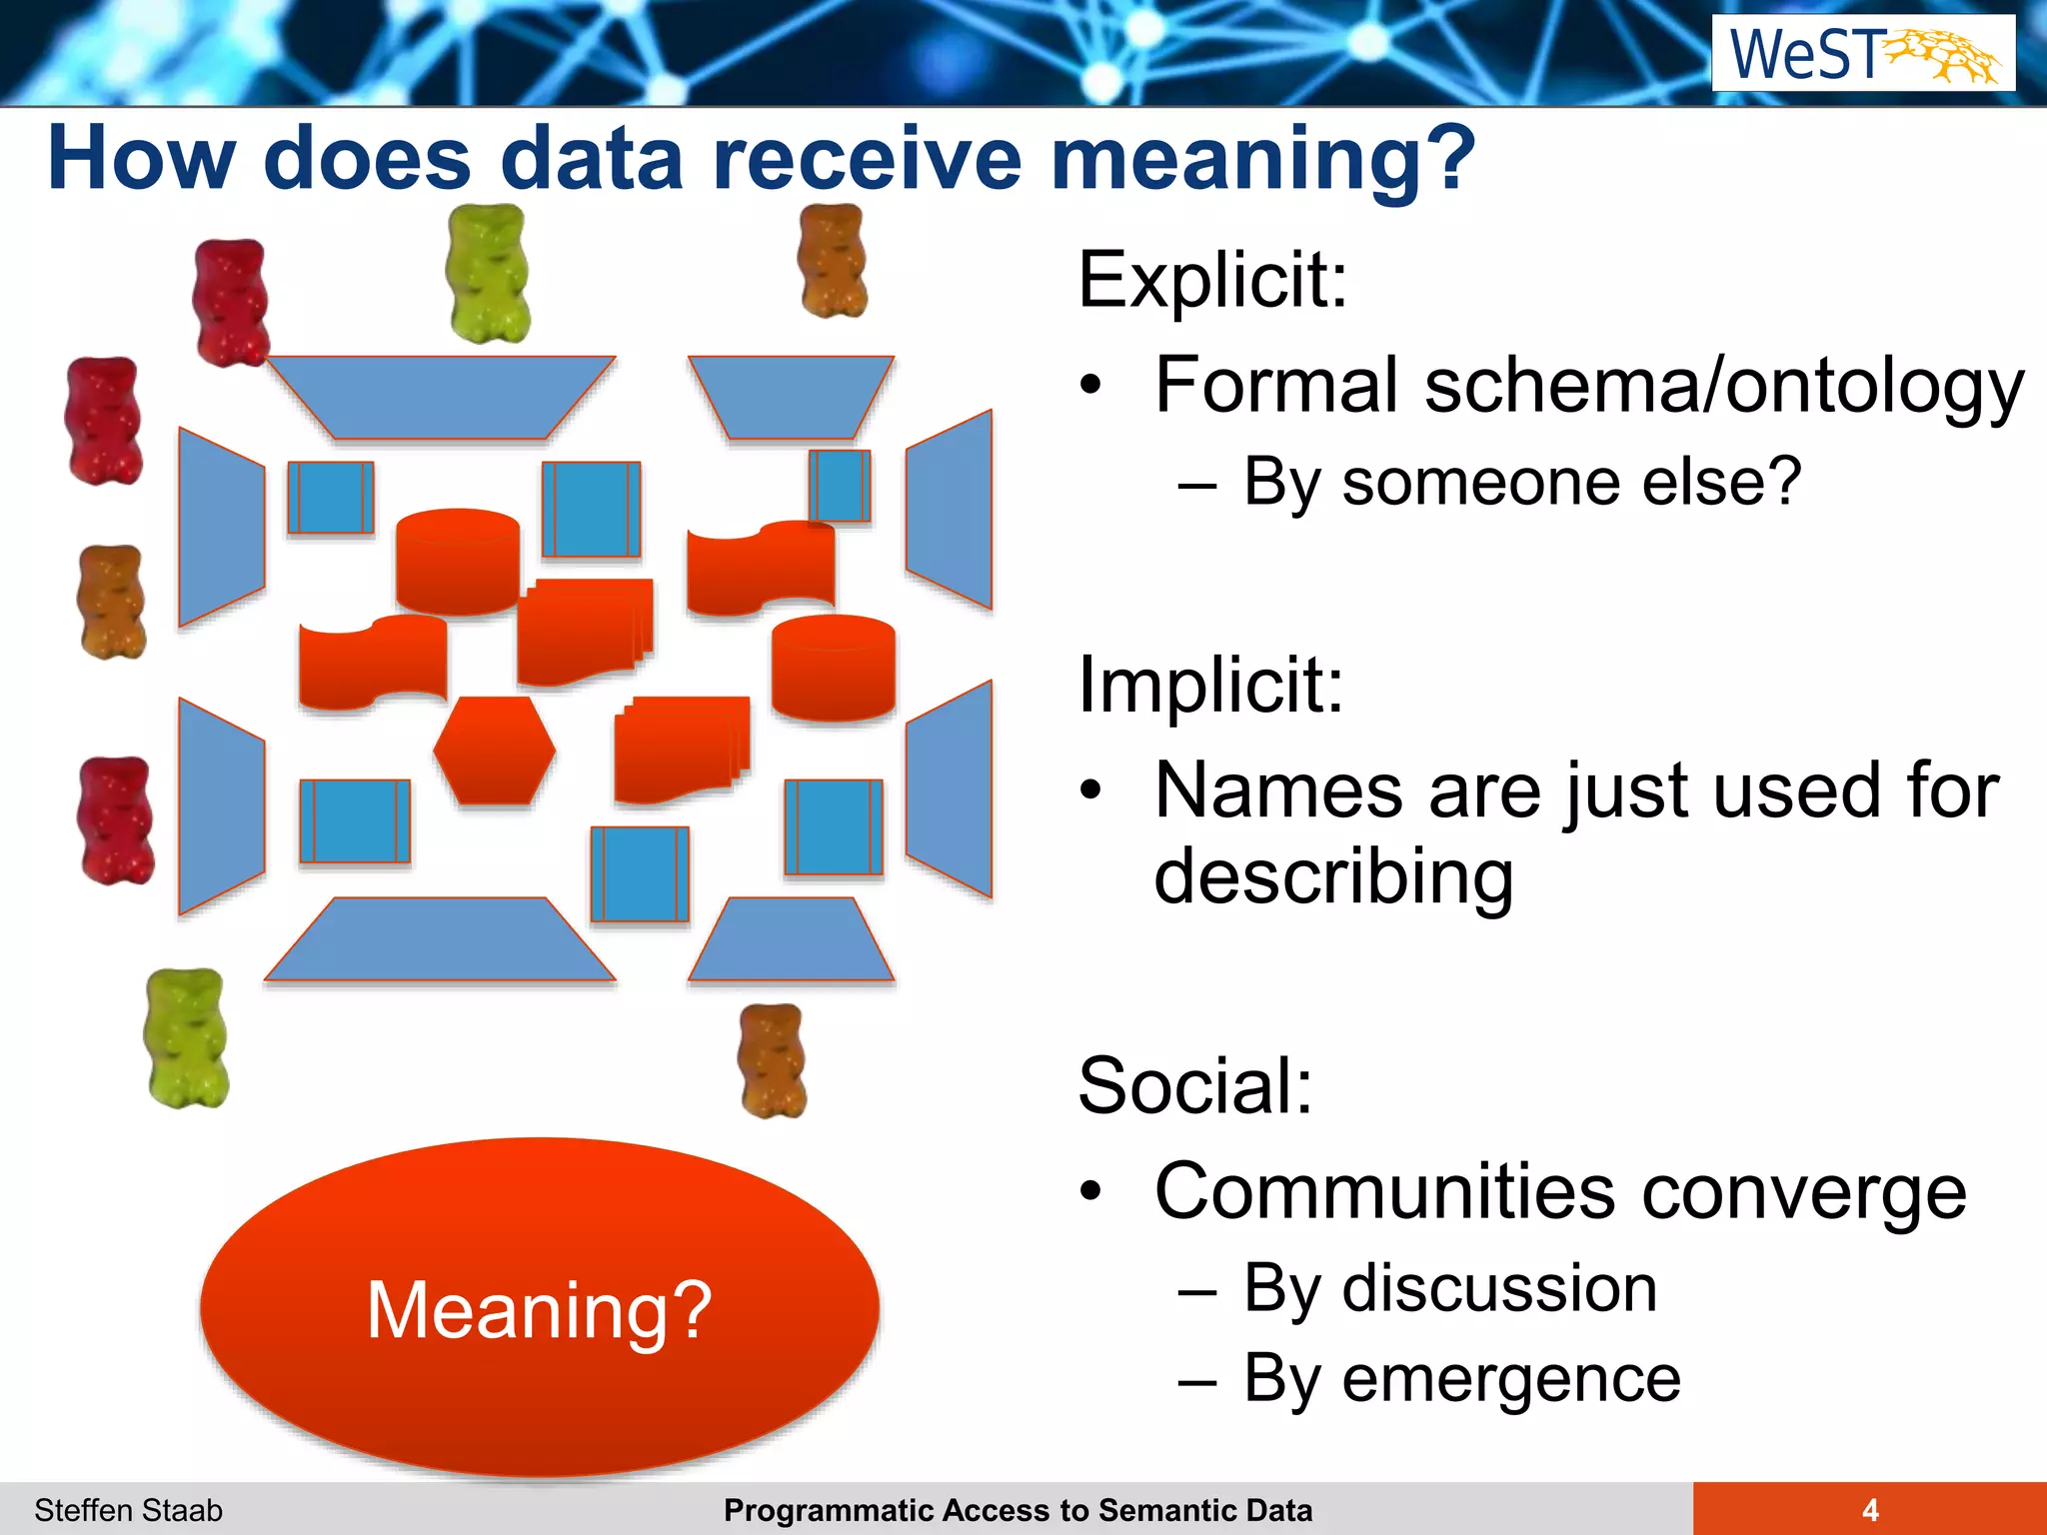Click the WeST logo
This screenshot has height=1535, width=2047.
[x=1863, y=53]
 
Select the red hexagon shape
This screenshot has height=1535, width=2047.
[x=495, y=751]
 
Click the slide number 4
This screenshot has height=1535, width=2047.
[x=1870, y=1509]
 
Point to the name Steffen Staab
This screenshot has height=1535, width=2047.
[x=128, y=1510]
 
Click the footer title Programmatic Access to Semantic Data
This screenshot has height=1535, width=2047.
[x=1018, y=1510]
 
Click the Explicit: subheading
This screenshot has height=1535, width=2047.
[x=1212, y=279]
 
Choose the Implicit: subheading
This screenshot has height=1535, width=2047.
[x=1210, y=685]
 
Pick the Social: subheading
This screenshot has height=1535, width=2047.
[x=1195, y=1085]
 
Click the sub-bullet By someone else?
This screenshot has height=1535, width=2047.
[x=1521, y=483]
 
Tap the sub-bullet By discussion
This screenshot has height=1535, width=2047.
[x=1450, y=1288]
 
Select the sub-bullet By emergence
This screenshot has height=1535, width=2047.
[x=1461, y=1379]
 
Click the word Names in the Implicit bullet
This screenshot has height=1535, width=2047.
[x=1277, y=790]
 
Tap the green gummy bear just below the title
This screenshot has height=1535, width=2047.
[x=488, y=273]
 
